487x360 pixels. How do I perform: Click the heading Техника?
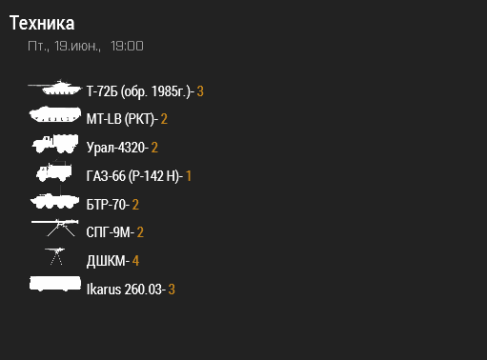pyautogui.click(x=42, y=23)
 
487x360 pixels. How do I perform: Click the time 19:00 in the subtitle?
pyautogui.click(x=127, y=46)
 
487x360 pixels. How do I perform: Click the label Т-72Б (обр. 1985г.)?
pyautogui.click(x=139, y=91)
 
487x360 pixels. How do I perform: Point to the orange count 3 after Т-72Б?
pyautogui.click(x=200, y=91)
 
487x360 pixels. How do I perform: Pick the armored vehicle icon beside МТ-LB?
pyautogui.click(x=55, y=116)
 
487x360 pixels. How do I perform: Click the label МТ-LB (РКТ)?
pyautogui.click(x=120, y=120)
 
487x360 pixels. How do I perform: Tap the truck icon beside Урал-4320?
pyautogui.click(x=55, y=144)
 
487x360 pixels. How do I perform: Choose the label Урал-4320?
pyautogui.click(x=115, y=148)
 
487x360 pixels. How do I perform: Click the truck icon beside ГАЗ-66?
pyautogui.click(x=54, y=172)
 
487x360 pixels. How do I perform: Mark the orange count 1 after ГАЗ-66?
pyautogui.click(x=189, y=176)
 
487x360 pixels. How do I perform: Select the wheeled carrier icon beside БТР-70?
pyautogui.click(x=55, y=202)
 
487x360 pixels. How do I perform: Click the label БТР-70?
pyautogui.click(x=107, y=204)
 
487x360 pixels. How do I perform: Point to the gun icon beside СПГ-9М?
pyautogui.click(x=55, y=228)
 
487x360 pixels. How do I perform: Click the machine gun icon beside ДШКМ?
pyautogui.click(x=55, y=256)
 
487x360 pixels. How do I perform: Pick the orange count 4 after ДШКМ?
pyautogui.click(x=136, y=261)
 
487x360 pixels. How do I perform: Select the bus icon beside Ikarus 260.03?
pyautogui.click(x=55, y=285)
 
